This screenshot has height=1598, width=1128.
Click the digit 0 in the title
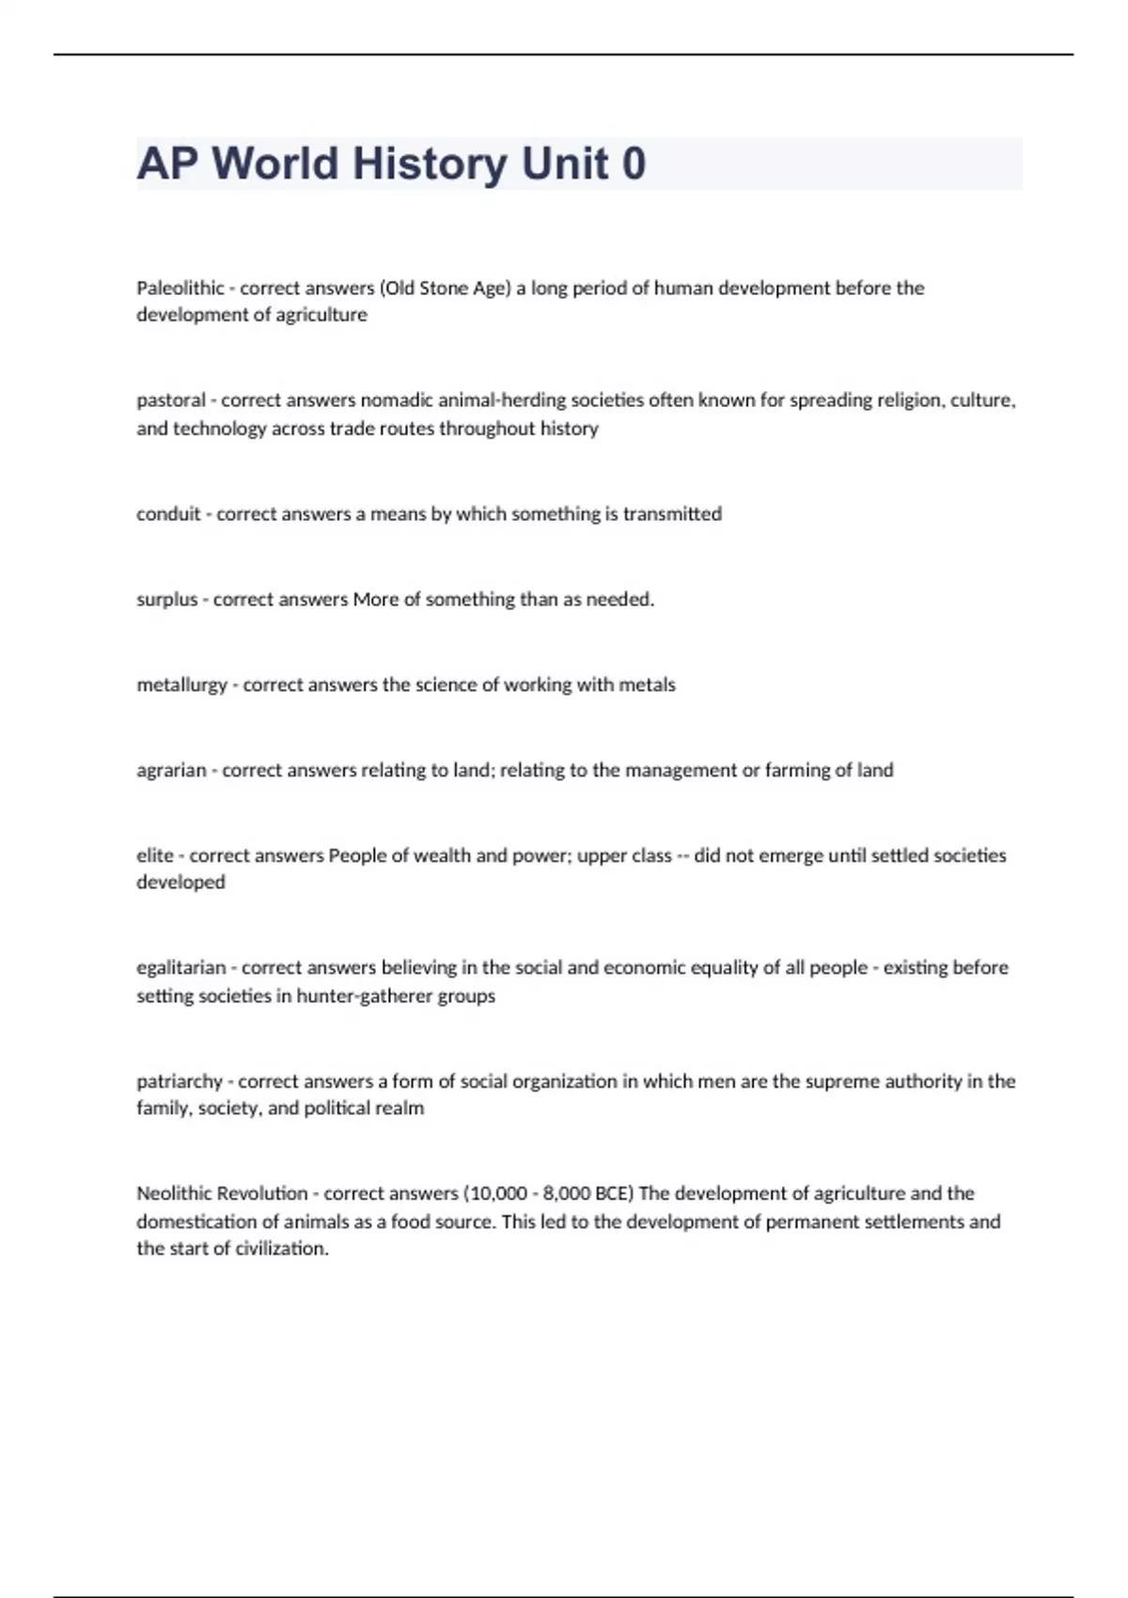click(634, 164)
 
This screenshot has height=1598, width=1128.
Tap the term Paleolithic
click(180, 288)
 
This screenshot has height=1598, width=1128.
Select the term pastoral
click(171, 400)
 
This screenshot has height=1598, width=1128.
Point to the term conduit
click(168, 514)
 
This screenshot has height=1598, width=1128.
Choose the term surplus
click(166, 600)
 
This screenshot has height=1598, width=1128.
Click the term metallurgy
click(181, 685)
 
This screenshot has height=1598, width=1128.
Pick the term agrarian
click(171, 771)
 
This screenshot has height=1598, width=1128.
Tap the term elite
click(155, 855)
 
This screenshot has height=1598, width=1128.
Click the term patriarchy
click(180, 1082)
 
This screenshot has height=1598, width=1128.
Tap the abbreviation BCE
click(614, 1194)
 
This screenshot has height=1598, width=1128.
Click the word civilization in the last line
click(280, 1249)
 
